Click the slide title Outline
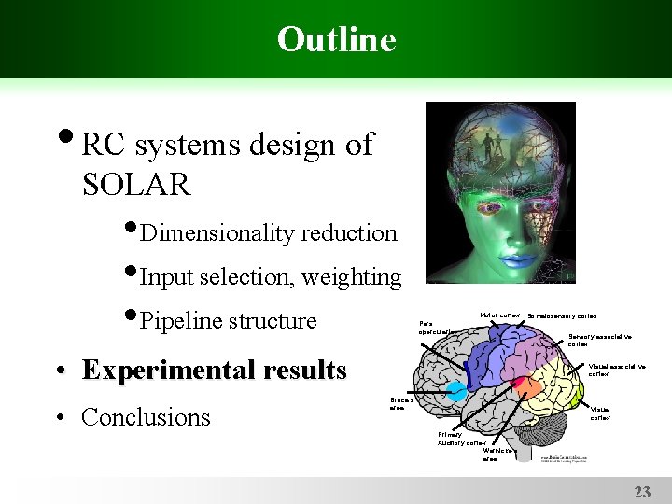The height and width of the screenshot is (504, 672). point(336,39)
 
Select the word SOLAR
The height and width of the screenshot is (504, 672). point(136,185)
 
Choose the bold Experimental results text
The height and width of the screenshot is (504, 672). point(214,371)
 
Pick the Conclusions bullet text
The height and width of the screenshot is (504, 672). point(146,417)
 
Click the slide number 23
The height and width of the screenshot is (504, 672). point(642,492)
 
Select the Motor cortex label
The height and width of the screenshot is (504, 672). point(499,315)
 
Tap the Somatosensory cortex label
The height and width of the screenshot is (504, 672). point(562,316)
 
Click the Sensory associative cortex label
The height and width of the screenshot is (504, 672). point(599,340)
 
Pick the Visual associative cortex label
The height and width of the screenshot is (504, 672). point(616,370)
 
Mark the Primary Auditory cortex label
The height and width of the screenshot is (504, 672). point(462,439)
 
